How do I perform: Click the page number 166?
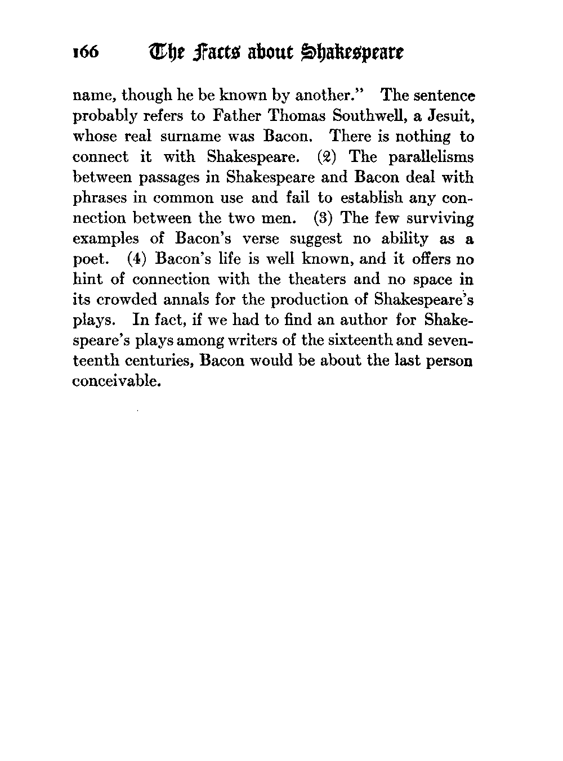pyautogui.click(x=86, y=53)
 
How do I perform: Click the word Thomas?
pyautogui.click(x=296, y=116)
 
